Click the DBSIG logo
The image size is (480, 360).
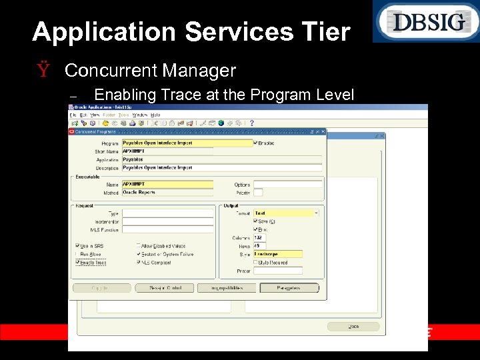(425, 21)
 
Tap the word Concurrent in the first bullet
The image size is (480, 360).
(111, 70)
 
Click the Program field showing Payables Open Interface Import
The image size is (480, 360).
(187, 143)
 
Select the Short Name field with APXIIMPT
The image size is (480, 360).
(167, 151)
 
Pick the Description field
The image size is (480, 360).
(220, 167)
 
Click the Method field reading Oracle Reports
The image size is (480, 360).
(167, 192)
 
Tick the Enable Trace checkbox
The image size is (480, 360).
(77, 263)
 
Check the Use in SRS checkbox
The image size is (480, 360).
(77, 246)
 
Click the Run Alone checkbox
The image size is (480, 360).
(77, 254)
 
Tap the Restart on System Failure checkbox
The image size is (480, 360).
(139, 254)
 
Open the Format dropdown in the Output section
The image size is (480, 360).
(316, 213)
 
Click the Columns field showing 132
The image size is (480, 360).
(259, 237)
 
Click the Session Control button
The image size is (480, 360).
(164, 288)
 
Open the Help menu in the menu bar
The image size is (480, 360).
(155, 115)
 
